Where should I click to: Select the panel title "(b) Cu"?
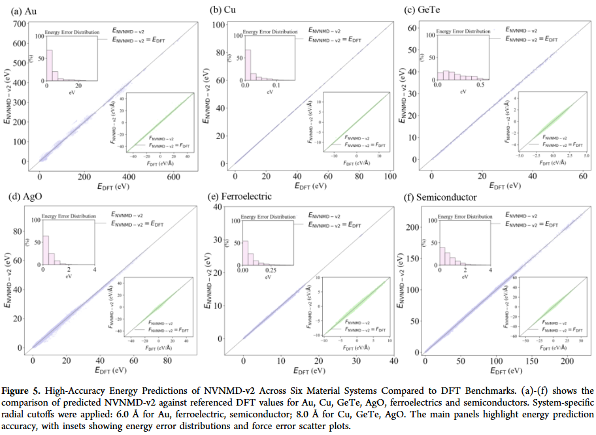[223, 10]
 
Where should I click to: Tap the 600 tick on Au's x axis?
[173, 177]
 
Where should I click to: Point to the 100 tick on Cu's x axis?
[389, 177]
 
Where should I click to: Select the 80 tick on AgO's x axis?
[167, 361]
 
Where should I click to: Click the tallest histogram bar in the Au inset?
[48, 65]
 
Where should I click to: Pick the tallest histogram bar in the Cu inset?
[247, 65]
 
